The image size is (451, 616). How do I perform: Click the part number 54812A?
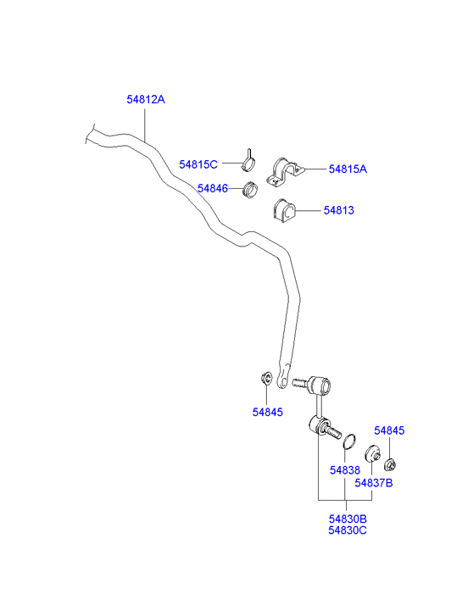pos(146,100)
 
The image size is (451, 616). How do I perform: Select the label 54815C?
pos(198,164)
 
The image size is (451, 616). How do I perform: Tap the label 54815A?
pos(348,169)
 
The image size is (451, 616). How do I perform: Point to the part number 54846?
pos(213,189)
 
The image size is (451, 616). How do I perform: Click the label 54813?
pos(339,211)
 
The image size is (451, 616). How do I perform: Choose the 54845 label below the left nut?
pos(268,412)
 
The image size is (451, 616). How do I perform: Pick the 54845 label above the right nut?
pos(389,430)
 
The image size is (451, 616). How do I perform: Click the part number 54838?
pos(345,470)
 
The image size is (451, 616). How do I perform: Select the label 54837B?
pos(374,483)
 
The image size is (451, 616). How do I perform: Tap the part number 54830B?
pos(348,519)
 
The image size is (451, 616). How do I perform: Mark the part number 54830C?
pos(348,530)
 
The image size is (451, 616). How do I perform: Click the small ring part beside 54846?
pos(251,190)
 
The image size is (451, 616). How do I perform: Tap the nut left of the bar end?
pos(266,378)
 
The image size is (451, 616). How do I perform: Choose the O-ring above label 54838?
pos(349,441)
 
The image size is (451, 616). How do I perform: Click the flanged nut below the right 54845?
pos(390,465)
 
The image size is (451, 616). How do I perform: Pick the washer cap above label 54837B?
pos(372,454)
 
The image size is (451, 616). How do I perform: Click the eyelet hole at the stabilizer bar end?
pos(281,380)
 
